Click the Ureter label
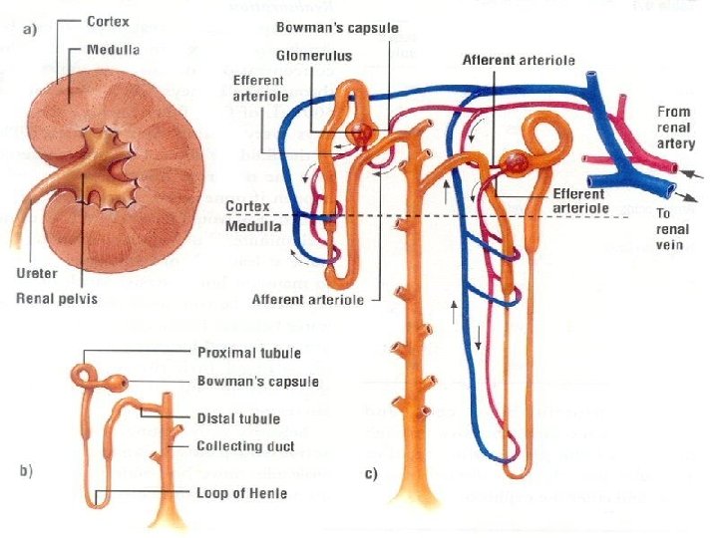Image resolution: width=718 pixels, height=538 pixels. (x=36, y=271)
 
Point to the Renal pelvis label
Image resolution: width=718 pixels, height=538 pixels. (x=56, y=296)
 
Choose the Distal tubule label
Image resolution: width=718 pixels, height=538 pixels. (x=238, y=418)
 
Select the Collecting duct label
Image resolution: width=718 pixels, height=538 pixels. (x=245, y=445)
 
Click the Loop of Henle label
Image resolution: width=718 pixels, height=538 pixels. (x=241, y=492)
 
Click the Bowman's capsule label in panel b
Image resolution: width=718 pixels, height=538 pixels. (x=257, y=381)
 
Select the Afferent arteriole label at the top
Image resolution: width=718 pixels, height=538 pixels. (x=519, y=60)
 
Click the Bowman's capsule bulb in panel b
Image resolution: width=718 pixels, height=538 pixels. (x=118, y=382)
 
